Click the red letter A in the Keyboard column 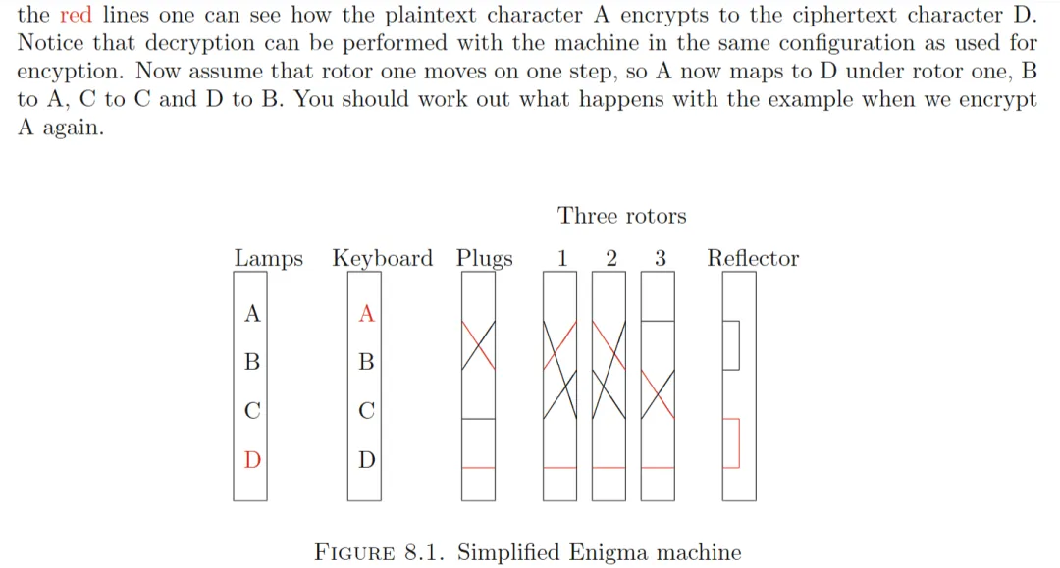pyautogui.click(x=366, y=313)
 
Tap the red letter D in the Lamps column pyautogui.click(x=252, y=460)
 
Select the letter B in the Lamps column pyautogui.click(x=252, y=362)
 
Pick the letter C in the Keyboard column pyautogui.click(x=366, y=411)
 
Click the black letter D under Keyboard pyautogui.click(x=366, y=460)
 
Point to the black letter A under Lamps pyautogui.click(x=252, y=313)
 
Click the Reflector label pyautogui.click(x=753, y=258)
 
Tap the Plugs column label pyautogui.click(x=484, y=259)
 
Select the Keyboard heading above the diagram pyautogui.click(x=383, y=259)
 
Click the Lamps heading pyautogui.click(x=268, y=259)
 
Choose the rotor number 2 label pyautogui.click(x=611, y=258)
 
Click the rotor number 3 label pyautogui.click(x=661, y=258)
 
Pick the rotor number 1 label pyautogui.click(x=562, y=258)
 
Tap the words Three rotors pyautogui.click(x=621, y=216)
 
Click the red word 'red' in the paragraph pyautogui.click(x=76, y=15)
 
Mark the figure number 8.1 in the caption pyautogui.click(x=424, y=553)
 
